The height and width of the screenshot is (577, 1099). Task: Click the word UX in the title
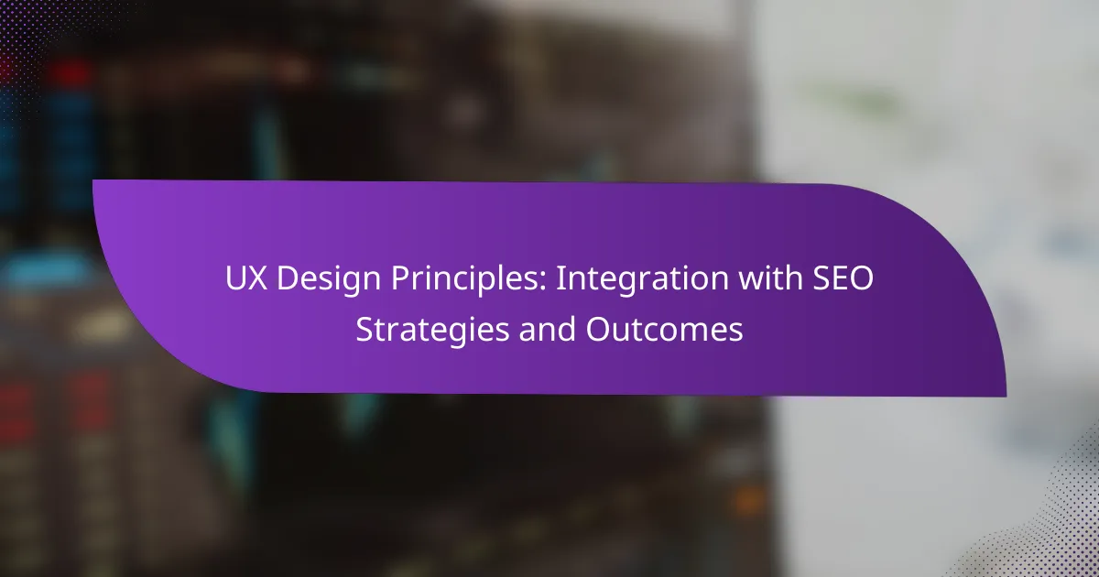point(246,278)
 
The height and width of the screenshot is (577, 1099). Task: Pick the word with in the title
point(771,278)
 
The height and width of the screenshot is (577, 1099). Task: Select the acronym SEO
point(843,278)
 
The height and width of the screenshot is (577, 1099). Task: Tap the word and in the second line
point(547,329)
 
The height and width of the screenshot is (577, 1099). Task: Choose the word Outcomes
point(664,329)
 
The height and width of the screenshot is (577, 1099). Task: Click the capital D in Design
point(288,278)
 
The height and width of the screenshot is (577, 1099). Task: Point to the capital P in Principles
point(400,278)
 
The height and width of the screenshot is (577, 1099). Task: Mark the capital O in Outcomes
point(598,329)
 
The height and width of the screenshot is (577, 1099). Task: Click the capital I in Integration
point(559,278)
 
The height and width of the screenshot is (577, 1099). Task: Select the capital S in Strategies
point(365,329)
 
